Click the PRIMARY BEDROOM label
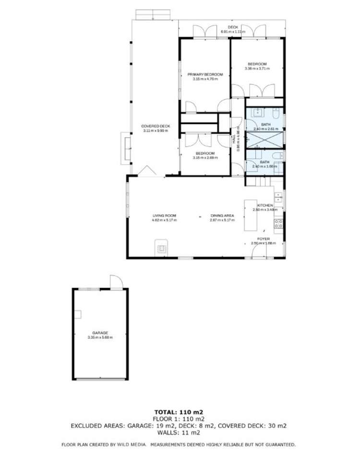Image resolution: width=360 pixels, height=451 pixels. pyautogui.click(x=205, y=74)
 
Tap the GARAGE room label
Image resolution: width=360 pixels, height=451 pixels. pyautogui.click(x=100, y=332)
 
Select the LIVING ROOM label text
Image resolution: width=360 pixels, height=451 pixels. pyautogui.click(x=165, y=216)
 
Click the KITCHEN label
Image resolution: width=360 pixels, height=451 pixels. pyautogui.click(x=265, y=205)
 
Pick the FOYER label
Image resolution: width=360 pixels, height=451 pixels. pyautogui.click(x=264, y=238)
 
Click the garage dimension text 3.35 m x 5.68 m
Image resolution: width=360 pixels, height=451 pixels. pyautogui.click(x=100, y=337)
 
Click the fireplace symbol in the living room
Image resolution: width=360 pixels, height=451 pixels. pyautogui.click(x=162, y=249)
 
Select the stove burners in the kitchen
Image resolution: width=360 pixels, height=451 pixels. pyautogui.click(x=278, y=223)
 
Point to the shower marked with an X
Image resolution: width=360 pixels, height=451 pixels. pyautogui.click(x=264, y=139)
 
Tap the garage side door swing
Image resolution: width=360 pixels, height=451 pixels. pyautogui.click(x=116, y=282)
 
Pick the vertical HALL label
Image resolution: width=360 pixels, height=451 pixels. pyautogui.click(x=234, y=139)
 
